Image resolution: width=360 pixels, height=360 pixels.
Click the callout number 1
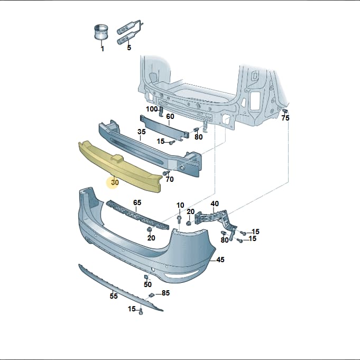pos(103,49)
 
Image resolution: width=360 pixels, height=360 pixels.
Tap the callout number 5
pos(129,48)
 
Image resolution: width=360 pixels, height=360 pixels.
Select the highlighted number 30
pos(115,182)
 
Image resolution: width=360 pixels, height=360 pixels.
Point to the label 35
pos(142,132)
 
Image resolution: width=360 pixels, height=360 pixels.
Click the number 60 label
pos(170,117)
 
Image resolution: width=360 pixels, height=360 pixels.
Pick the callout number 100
pos(152,109)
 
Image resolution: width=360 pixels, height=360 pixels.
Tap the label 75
pos(285,118)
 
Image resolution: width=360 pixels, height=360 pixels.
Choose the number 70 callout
pos(170,179)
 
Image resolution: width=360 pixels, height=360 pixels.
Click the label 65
pos(137,202)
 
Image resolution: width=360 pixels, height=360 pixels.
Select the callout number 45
pos(220,260)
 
